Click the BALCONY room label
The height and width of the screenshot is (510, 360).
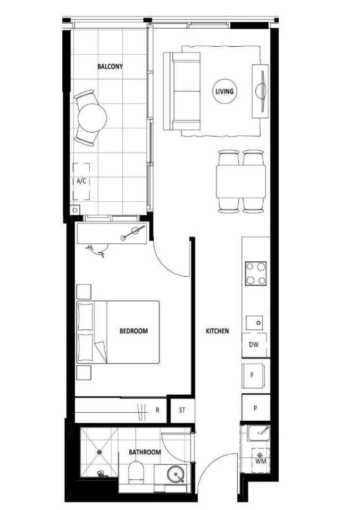pos(110,67)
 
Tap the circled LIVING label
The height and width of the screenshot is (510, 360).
pos(224,91)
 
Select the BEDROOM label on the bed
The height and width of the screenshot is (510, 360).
pos(133,331)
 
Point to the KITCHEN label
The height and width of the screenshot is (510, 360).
pos(217,331)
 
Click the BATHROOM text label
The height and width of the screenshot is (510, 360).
pos(145,452)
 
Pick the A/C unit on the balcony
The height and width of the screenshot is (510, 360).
pos(81,181)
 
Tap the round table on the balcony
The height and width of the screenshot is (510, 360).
pos(92,118)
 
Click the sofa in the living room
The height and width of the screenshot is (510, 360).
pos(182,91)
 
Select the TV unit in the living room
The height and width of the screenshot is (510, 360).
pos(260,91)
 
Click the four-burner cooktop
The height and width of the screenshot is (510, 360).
pos(256,273)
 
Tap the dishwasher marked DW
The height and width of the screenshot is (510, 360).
pos(254,345)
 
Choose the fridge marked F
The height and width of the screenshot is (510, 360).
pos(253,375)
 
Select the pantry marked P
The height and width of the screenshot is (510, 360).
pos(255,408)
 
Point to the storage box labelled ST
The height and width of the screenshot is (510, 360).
pos(182,410)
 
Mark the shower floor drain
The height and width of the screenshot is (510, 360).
pos(100,452)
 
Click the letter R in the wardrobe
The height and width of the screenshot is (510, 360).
pos(158,410)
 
